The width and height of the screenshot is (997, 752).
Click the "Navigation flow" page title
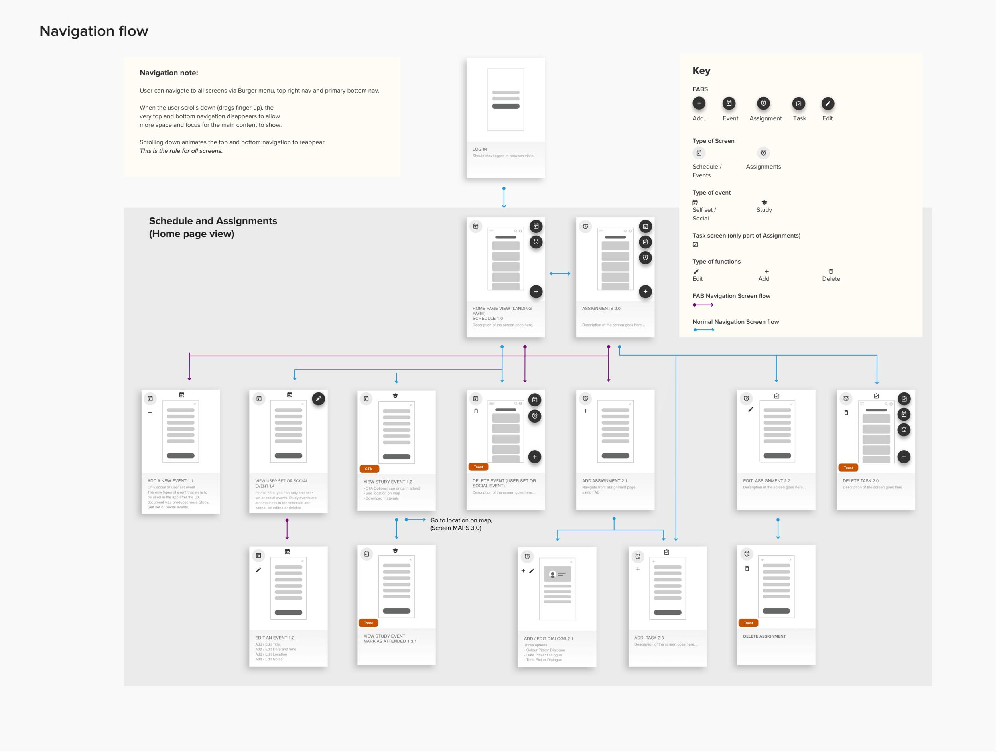tap(94, 31)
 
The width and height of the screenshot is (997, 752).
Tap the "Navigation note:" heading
tap(169, 73)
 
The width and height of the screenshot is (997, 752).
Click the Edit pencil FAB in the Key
tap(827, 104)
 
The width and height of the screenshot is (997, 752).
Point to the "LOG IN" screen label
tap(480, 149)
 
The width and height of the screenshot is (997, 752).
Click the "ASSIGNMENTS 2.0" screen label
tap(601, 309)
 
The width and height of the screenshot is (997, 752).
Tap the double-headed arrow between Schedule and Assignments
tap(560, 274)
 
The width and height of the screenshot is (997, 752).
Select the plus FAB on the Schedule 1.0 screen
tap(536, 291)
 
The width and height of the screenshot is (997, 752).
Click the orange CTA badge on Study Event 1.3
tap(369, 469)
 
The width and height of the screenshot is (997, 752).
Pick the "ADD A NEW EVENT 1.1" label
tap(170, 481)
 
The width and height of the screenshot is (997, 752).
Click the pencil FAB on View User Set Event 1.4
tap(318, 399)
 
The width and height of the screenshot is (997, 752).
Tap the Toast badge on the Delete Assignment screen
tap(748, 623)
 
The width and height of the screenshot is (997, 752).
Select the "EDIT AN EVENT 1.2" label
tap(274, 638)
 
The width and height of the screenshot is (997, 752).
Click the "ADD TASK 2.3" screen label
tap(648, 638)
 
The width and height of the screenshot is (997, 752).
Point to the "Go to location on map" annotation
tap(461, 524)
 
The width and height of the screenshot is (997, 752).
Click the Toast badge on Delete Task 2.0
tap(848, 467)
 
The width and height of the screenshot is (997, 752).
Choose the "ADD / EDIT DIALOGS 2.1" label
tap(548, 638)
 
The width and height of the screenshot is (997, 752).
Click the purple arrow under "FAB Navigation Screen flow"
tap(703, 305)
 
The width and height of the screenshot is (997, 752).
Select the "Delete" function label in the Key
tap(831, 279)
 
